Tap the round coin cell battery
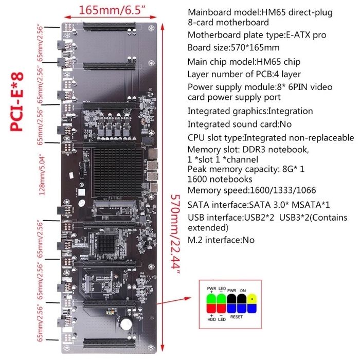(x=126, y=323)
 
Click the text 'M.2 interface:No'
(x=222, y=240)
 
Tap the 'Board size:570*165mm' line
(x=233, y=48)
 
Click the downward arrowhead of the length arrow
(x=165, y=349)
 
